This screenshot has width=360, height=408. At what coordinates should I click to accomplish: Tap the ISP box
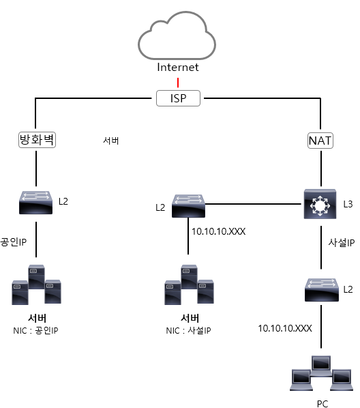coord(178,98)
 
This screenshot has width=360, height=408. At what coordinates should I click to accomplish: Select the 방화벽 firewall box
coord(37,140)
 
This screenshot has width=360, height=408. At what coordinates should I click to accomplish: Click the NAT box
coord(320,141)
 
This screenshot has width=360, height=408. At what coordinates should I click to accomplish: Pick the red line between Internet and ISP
coord(178,83)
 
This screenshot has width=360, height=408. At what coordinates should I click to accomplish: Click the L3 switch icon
coord(320,204)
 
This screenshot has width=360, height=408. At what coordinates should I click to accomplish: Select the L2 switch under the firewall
coord(36,203)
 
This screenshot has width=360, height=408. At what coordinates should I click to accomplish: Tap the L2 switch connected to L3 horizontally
coord(188,206)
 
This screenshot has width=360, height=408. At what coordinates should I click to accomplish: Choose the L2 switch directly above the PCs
coord(322,290)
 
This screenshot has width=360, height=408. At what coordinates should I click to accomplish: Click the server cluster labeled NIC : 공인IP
coord(36,285)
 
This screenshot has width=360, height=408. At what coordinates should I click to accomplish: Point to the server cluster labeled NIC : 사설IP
coord(189,285)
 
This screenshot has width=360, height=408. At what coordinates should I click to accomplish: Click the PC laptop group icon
coord(322,373)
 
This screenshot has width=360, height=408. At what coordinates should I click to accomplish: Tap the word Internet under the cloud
coord(178,67)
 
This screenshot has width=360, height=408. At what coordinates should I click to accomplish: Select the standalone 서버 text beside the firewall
coord(111,141)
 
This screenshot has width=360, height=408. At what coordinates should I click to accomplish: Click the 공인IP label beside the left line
coord(13,242)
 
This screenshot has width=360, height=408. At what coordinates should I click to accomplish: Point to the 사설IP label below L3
coord(342,243)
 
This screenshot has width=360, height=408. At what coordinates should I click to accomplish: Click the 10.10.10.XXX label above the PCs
coord(285,328)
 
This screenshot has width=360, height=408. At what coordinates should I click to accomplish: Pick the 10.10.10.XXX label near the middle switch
coord(218,231)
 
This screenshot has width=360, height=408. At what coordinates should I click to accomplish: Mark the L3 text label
coord(348,204)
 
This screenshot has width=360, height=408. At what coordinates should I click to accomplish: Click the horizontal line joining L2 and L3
coord(254,204)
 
